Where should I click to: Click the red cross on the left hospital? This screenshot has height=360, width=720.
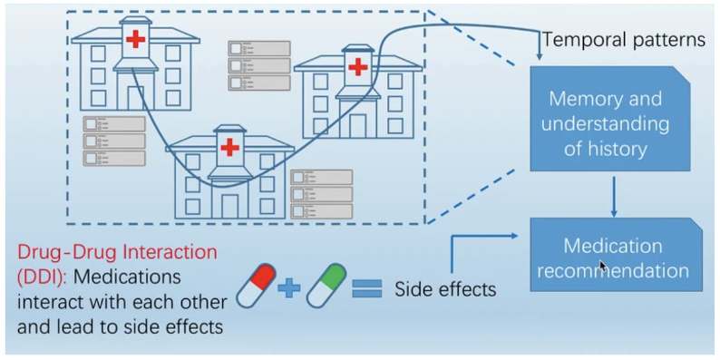click(x=135, y=39)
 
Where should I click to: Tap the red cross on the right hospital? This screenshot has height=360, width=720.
click(x=358, y=65)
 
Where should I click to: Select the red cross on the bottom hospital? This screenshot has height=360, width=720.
click(x=229, y=146)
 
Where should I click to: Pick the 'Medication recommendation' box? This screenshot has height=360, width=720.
click(x=613, y=258)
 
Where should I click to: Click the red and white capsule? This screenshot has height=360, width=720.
click(x=257, y=288)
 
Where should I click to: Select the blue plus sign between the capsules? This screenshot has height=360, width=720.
click(x=290, y=289)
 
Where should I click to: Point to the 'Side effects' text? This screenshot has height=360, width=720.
click(x=445, y=290)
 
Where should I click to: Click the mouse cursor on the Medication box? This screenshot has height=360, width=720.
click(x=603, y=266)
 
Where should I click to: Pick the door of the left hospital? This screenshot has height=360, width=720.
click(x=135, y=98)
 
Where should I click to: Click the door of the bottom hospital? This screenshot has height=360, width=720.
click(x=229, y=206)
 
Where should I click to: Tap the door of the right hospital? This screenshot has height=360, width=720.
click(x=357, y=124)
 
